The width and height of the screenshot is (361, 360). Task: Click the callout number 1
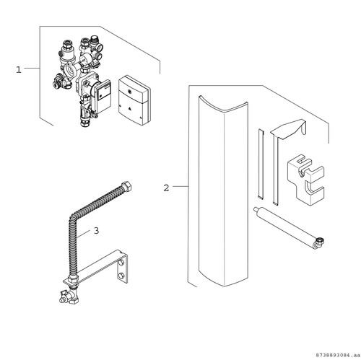coord(19,70)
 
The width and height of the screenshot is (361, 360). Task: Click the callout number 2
coord(166,188)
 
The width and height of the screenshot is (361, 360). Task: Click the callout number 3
coord(96,231)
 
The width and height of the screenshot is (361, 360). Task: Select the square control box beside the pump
coord(134,101)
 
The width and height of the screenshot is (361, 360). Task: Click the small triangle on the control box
coord(130,109)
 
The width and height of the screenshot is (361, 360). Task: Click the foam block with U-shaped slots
coord(305,180)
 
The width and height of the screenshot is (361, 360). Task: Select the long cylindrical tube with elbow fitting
coord(289,227)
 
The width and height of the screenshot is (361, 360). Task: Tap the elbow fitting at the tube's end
coord(319,243)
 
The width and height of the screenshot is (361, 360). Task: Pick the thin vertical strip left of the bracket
coord(261,164)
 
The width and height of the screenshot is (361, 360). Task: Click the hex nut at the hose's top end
coord(126,186)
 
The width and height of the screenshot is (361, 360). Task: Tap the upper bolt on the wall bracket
coord(121,263)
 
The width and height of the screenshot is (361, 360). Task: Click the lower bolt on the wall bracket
coord(121,276)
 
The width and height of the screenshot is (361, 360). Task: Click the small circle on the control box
coord(129,92)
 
